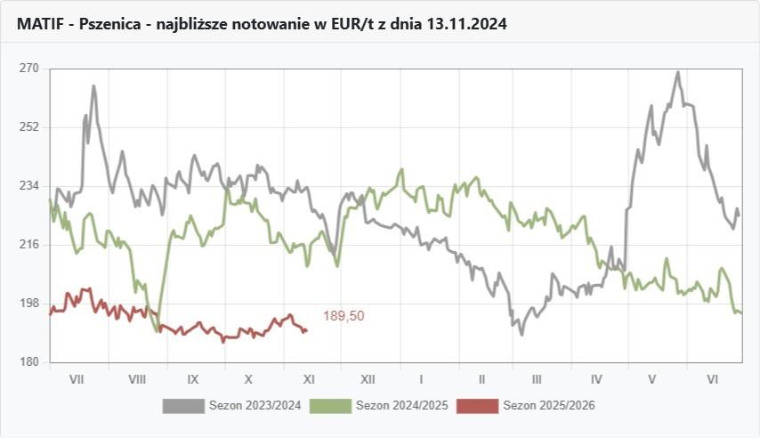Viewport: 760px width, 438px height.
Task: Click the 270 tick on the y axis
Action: pyautogui.click(x=28, y=69)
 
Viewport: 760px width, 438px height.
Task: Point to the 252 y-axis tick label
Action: pyautogui.click(x=28, y=127)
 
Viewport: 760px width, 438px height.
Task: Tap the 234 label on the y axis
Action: pyautogui.click(x=28, y=186)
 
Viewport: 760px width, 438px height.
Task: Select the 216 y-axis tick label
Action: pyautogui.click(x=28, y=245)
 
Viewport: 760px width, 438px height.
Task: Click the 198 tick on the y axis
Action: pyautogui.click(x=28, y=304)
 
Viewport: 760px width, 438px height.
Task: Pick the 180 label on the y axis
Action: pyautogui.click(x=28, y=362)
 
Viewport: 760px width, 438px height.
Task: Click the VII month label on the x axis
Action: pyautogui.click(x=77, y=378)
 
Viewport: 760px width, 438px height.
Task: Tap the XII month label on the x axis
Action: pyautogui.click(x=367, y=378)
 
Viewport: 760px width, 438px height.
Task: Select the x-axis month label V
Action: pyautogui.click(x=652, y=378)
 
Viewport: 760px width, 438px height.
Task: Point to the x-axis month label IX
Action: pyautogui.click(x=193, y=378)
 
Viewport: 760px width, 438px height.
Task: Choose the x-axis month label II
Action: pyautogui.click(x=481, y=378)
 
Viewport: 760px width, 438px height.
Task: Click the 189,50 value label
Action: pyautogui.click(x=344, y=316)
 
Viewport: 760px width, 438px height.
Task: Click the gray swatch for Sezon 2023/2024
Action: pyautogui.click(x=182, y=406)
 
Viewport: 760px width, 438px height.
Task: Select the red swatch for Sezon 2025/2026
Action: pyautogui.click(x=478, y=406)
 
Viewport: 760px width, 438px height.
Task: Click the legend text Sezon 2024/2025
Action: pyautogui.click(x=401, y=406)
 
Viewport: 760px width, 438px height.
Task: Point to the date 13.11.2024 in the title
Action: pyautogui.click(x=466, y=25)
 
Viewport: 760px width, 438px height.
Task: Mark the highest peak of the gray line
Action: pyautogui.click(x=678, y=72)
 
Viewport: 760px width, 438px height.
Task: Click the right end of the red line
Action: pyautogui.click(x=306, y=330)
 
